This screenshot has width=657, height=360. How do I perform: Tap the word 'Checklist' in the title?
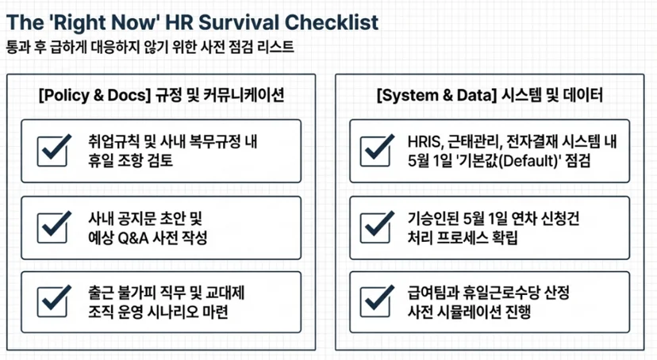332,22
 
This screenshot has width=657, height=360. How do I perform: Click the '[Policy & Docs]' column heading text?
94,95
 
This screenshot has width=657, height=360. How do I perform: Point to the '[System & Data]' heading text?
436,95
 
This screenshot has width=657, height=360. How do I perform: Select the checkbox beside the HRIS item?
377,151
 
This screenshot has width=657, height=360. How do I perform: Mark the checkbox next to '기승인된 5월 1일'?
377,228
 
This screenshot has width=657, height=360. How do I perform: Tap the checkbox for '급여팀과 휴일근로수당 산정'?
377,302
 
